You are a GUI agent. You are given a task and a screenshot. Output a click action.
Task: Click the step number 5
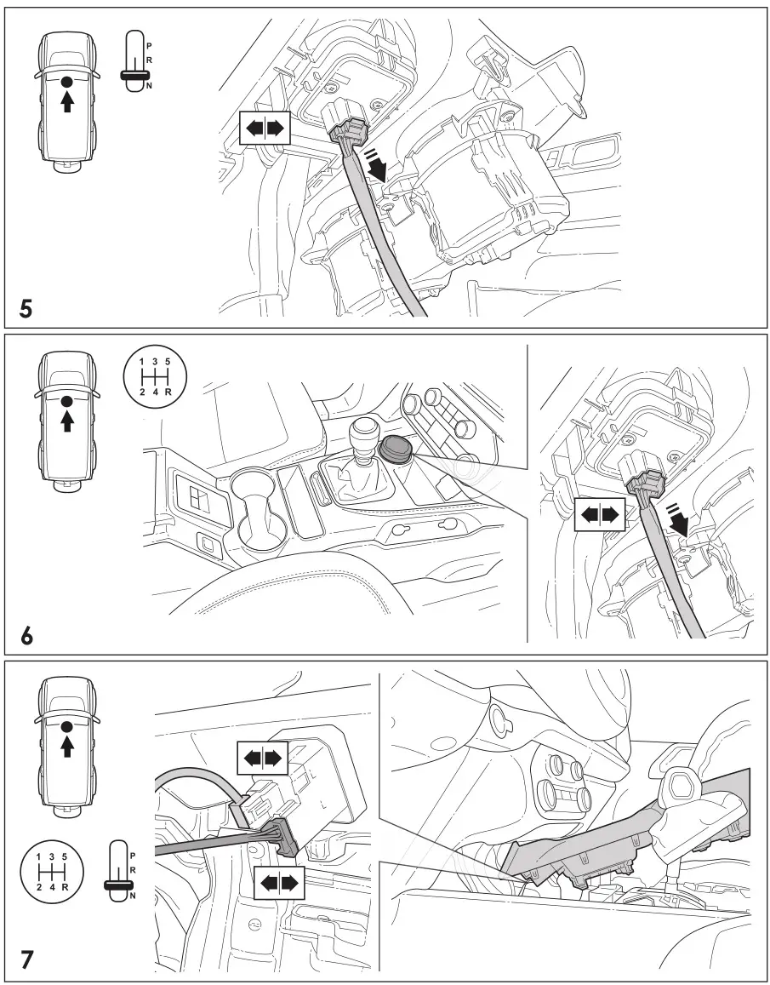26,307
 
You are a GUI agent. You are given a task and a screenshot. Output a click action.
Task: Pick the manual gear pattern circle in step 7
51,869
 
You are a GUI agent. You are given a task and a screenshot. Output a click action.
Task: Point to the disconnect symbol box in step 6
601,514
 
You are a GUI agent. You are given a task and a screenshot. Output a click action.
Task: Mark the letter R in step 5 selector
149,60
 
